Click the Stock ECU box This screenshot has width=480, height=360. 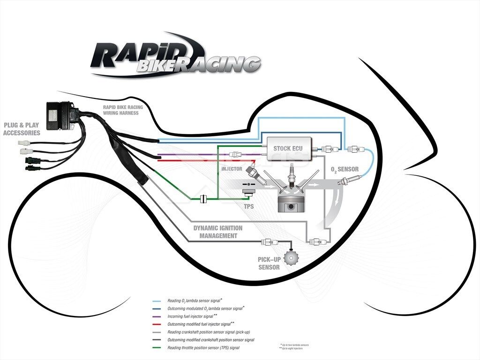click(287, 149)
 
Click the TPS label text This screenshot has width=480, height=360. click(248, 205)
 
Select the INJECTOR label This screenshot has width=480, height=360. click(232, 168)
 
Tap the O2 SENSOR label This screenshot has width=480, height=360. click(345, 169)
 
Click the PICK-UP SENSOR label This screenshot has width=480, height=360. click(269, 263)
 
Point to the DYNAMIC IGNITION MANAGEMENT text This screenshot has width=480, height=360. click(218, 232)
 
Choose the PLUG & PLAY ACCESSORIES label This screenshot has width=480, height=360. click(22, 129)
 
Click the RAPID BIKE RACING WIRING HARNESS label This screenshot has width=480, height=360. click(123, 110)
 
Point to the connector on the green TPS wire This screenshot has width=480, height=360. click(203, 199)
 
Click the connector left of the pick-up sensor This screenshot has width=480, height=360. click(270, 242)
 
